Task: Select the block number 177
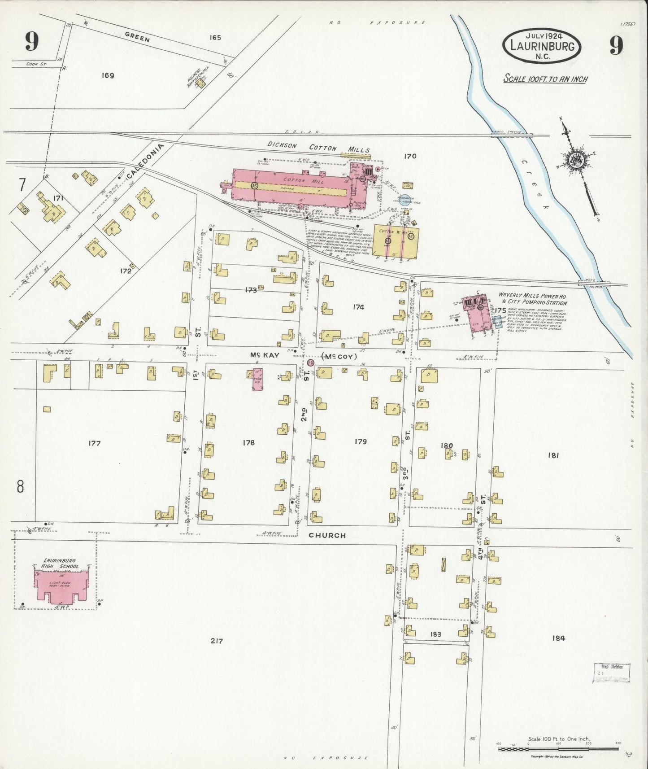tap(94, 443)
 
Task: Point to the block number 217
tap(217, 641)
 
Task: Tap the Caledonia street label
tap(145, 160)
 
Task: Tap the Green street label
tap(137, 39)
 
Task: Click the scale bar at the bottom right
tap(558, 748)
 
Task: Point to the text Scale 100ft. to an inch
tap(545, 79)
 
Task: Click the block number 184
tap(559, 638)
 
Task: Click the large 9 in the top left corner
tap(31, 43)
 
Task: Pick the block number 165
tap(215, 38)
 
